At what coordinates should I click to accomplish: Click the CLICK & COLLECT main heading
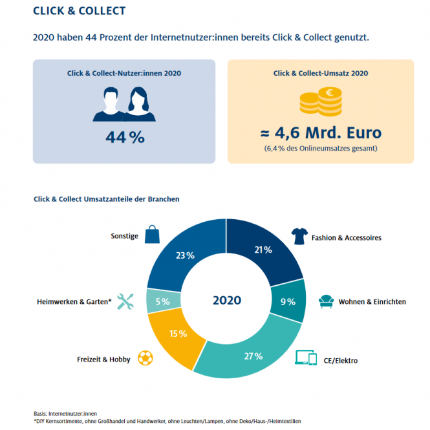(x=79, y=11)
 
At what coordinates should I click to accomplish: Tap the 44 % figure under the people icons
(x=124, y=138)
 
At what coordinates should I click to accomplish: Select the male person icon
(x=108, y=105)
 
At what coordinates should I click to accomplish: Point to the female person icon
(x=140, y=105)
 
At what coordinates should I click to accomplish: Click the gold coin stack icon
(x=321, y=102)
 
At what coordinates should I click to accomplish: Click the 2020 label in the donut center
(x=226, y=301)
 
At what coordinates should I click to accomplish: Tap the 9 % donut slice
(x=289, y=300)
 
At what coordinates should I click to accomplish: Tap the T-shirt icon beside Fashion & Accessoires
(x=299, y=236)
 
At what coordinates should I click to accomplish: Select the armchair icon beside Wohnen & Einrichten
(x=327, y=301)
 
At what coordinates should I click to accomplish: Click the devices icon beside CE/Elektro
(x=306, y=358)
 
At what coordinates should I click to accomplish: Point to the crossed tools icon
(x=125, y=301)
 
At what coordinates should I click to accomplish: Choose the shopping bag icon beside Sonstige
(x=151, y=234)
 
